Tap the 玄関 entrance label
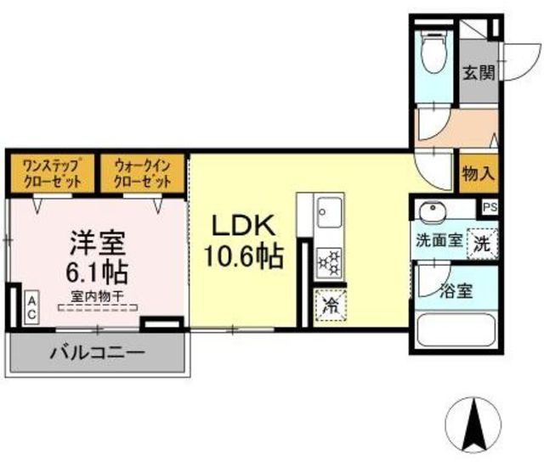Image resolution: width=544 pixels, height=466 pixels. pos(479,73)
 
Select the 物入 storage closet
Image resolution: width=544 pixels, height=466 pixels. pos(479,173)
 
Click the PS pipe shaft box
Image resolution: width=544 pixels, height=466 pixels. pos(490,207)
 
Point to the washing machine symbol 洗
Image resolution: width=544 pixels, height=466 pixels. pos(483,244)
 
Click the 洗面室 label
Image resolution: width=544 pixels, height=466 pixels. pos(439,240)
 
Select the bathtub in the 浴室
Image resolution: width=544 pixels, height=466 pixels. pos(456,329)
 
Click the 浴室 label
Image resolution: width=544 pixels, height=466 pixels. pos(456,291)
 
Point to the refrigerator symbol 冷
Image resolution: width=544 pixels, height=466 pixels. pos(331,306)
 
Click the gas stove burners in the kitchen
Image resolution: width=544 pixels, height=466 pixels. pos(329,262)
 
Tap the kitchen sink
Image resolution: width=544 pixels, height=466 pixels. pos(328,212)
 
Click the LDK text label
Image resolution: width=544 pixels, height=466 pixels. pos(244,225)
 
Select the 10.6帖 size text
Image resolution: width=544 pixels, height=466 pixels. pos(244,256)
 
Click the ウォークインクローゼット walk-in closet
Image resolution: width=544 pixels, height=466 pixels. pos(142,173)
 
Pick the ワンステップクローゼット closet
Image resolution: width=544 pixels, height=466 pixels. pos(52,173)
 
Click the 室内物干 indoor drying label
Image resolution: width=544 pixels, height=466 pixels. pos(98,296)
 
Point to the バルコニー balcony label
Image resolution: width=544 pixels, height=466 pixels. pos(98,353)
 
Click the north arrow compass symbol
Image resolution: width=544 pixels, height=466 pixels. pos(473,425)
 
